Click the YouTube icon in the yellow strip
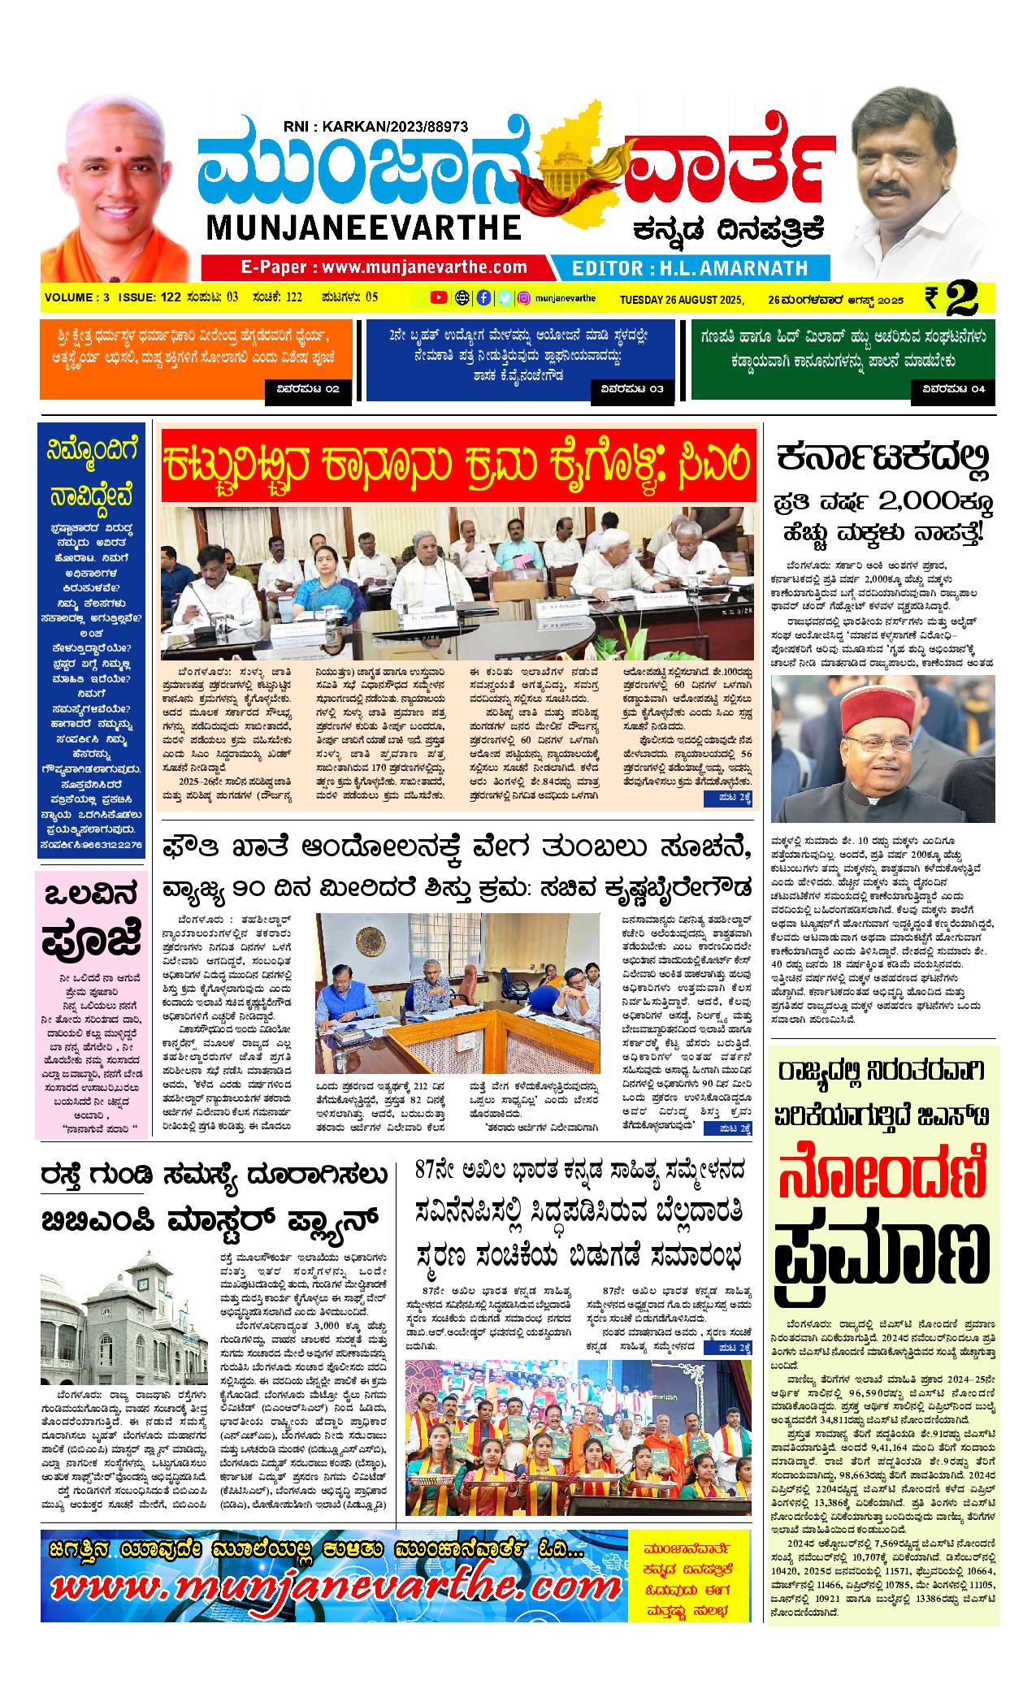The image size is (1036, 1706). click(439, 297)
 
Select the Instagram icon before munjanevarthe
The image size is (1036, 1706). click(525, 297)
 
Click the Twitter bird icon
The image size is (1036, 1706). click(505, 297)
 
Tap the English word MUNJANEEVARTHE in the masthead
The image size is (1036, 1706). click(364, 227)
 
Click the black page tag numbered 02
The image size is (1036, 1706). click(310, 390)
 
